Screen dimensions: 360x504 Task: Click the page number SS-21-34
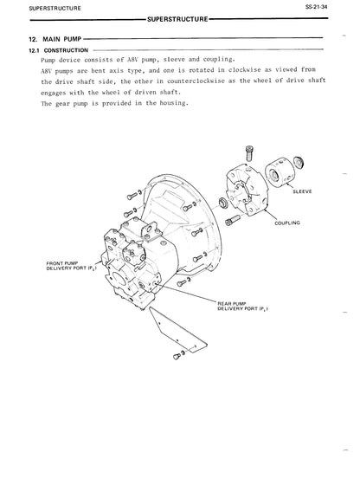(x=317, y=6)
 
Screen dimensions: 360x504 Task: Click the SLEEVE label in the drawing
(x=302, y=191)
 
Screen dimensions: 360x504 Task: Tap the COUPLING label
(x=287, y=223)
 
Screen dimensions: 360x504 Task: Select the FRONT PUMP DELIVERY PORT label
(x=71, y=266)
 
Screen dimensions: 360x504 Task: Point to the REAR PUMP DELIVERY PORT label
(x=243, y=307)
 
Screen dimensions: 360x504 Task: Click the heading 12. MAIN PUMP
(x=55, y=39)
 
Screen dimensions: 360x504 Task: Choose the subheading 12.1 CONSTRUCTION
(x=59, y=50)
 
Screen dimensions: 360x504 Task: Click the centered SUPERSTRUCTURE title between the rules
(x=177, y=19)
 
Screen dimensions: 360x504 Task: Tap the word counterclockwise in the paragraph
(x=196, y=81)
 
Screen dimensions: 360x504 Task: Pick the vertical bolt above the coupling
(x=249, y=153)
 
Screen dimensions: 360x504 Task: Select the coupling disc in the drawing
(x=247, y=190)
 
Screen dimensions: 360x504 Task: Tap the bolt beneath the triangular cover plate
(x=178, y=355)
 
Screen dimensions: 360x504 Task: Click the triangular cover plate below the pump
(x=177, y=330)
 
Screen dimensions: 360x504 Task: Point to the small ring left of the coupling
(x=223, y=204)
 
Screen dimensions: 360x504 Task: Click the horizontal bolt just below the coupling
(x=233, y=220)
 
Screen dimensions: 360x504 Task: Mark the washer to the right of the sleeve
(x=299, y=162)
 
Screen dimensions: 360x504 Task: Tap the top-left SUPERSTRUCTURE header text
(x=55, y=9)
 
